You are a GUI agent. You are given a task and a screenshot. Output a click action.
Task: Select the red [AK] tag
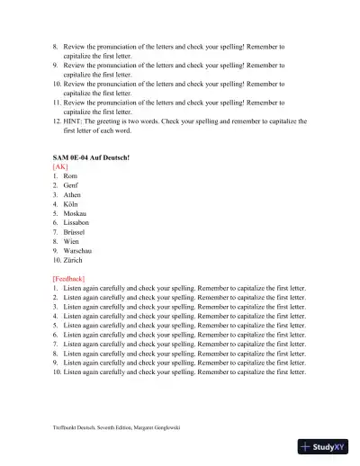(x=60, y=166)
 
